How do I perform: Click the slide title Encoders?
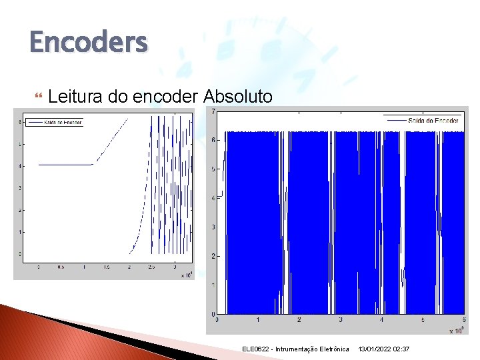pos(88,43)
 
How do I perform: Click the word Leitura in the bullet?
pos(75,97)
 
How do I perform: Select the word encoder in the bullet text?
pos(164,97)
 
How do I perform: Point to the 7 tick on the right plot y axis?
pos(213,111)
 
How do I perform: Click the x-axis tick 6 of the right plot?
pos(464,321)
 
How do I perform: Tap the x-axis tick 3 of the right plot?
pos(340,321)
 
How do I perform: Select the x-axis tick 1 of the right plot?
pos(258,321)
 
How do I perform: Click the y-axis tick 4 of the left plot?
pos(21,166)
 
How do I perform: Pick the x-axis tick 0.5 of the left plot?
pos(61,266)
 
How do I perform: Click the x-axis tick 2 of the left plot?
pos(129,266)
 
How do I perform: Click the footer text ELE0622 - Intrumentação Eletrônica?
pos(295,349)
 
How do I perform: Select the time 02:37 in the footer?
pos(403,349)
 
